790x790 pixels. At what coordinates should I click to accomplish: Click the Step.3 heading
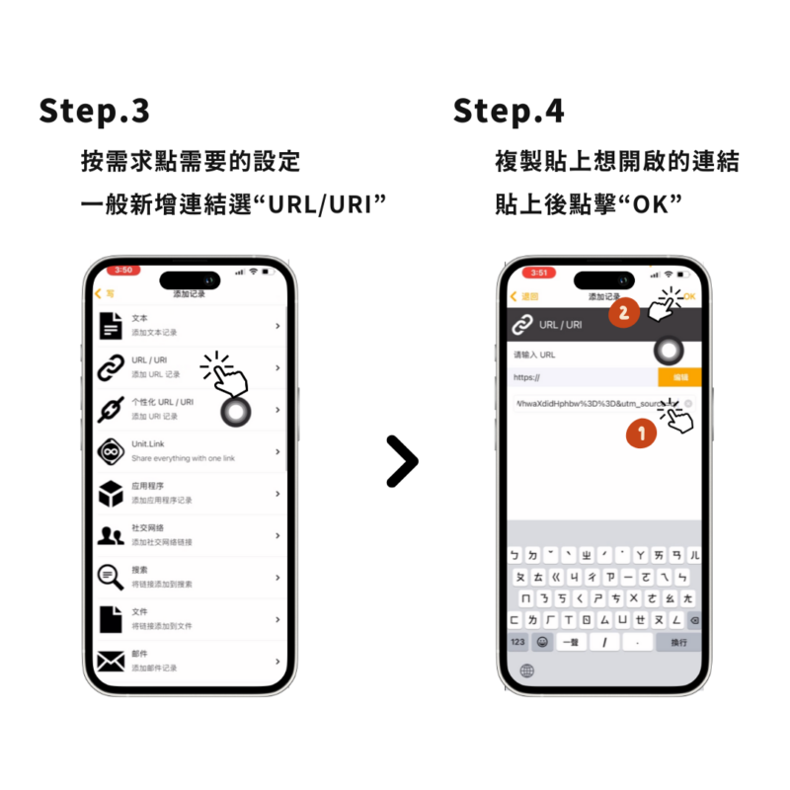click(95, 111)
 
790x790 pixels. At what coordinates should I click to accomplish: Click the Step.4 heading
click(509, 111)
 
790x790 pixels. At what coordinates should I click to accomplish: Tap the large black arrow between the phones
click(401, 461)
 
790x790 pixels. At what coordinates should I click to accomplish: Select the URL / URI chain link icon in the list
click(111, 367)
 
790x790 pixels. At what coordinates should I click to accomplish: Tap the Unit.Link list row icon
click(111, 451)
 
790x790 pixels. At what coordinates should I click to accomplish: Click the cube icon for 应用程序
click(111, 493)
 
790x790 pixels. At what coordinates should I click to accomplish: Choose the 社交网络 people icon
click(111, 535)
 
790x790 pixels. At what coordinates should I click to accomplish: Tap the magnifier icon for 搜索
click(111, 578)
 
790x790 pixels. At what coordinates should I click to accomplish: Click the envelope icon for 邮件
click(111, 661)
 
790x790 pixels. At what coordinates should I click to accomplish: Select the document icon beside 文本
click(111, 326)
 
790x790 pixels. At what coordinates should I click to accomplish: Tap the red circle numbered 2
click(622, 314)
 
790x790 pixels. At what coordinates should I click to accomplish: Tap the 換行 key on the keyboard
click(678, 642)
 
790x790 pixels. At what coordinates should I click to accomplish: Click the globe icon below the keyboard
click(526, 671)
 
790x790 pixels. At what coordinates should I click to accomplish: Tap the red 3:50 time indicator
click(124, 270)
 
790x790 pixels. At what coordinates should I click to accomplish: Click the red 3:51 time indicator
click(538, 273)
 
